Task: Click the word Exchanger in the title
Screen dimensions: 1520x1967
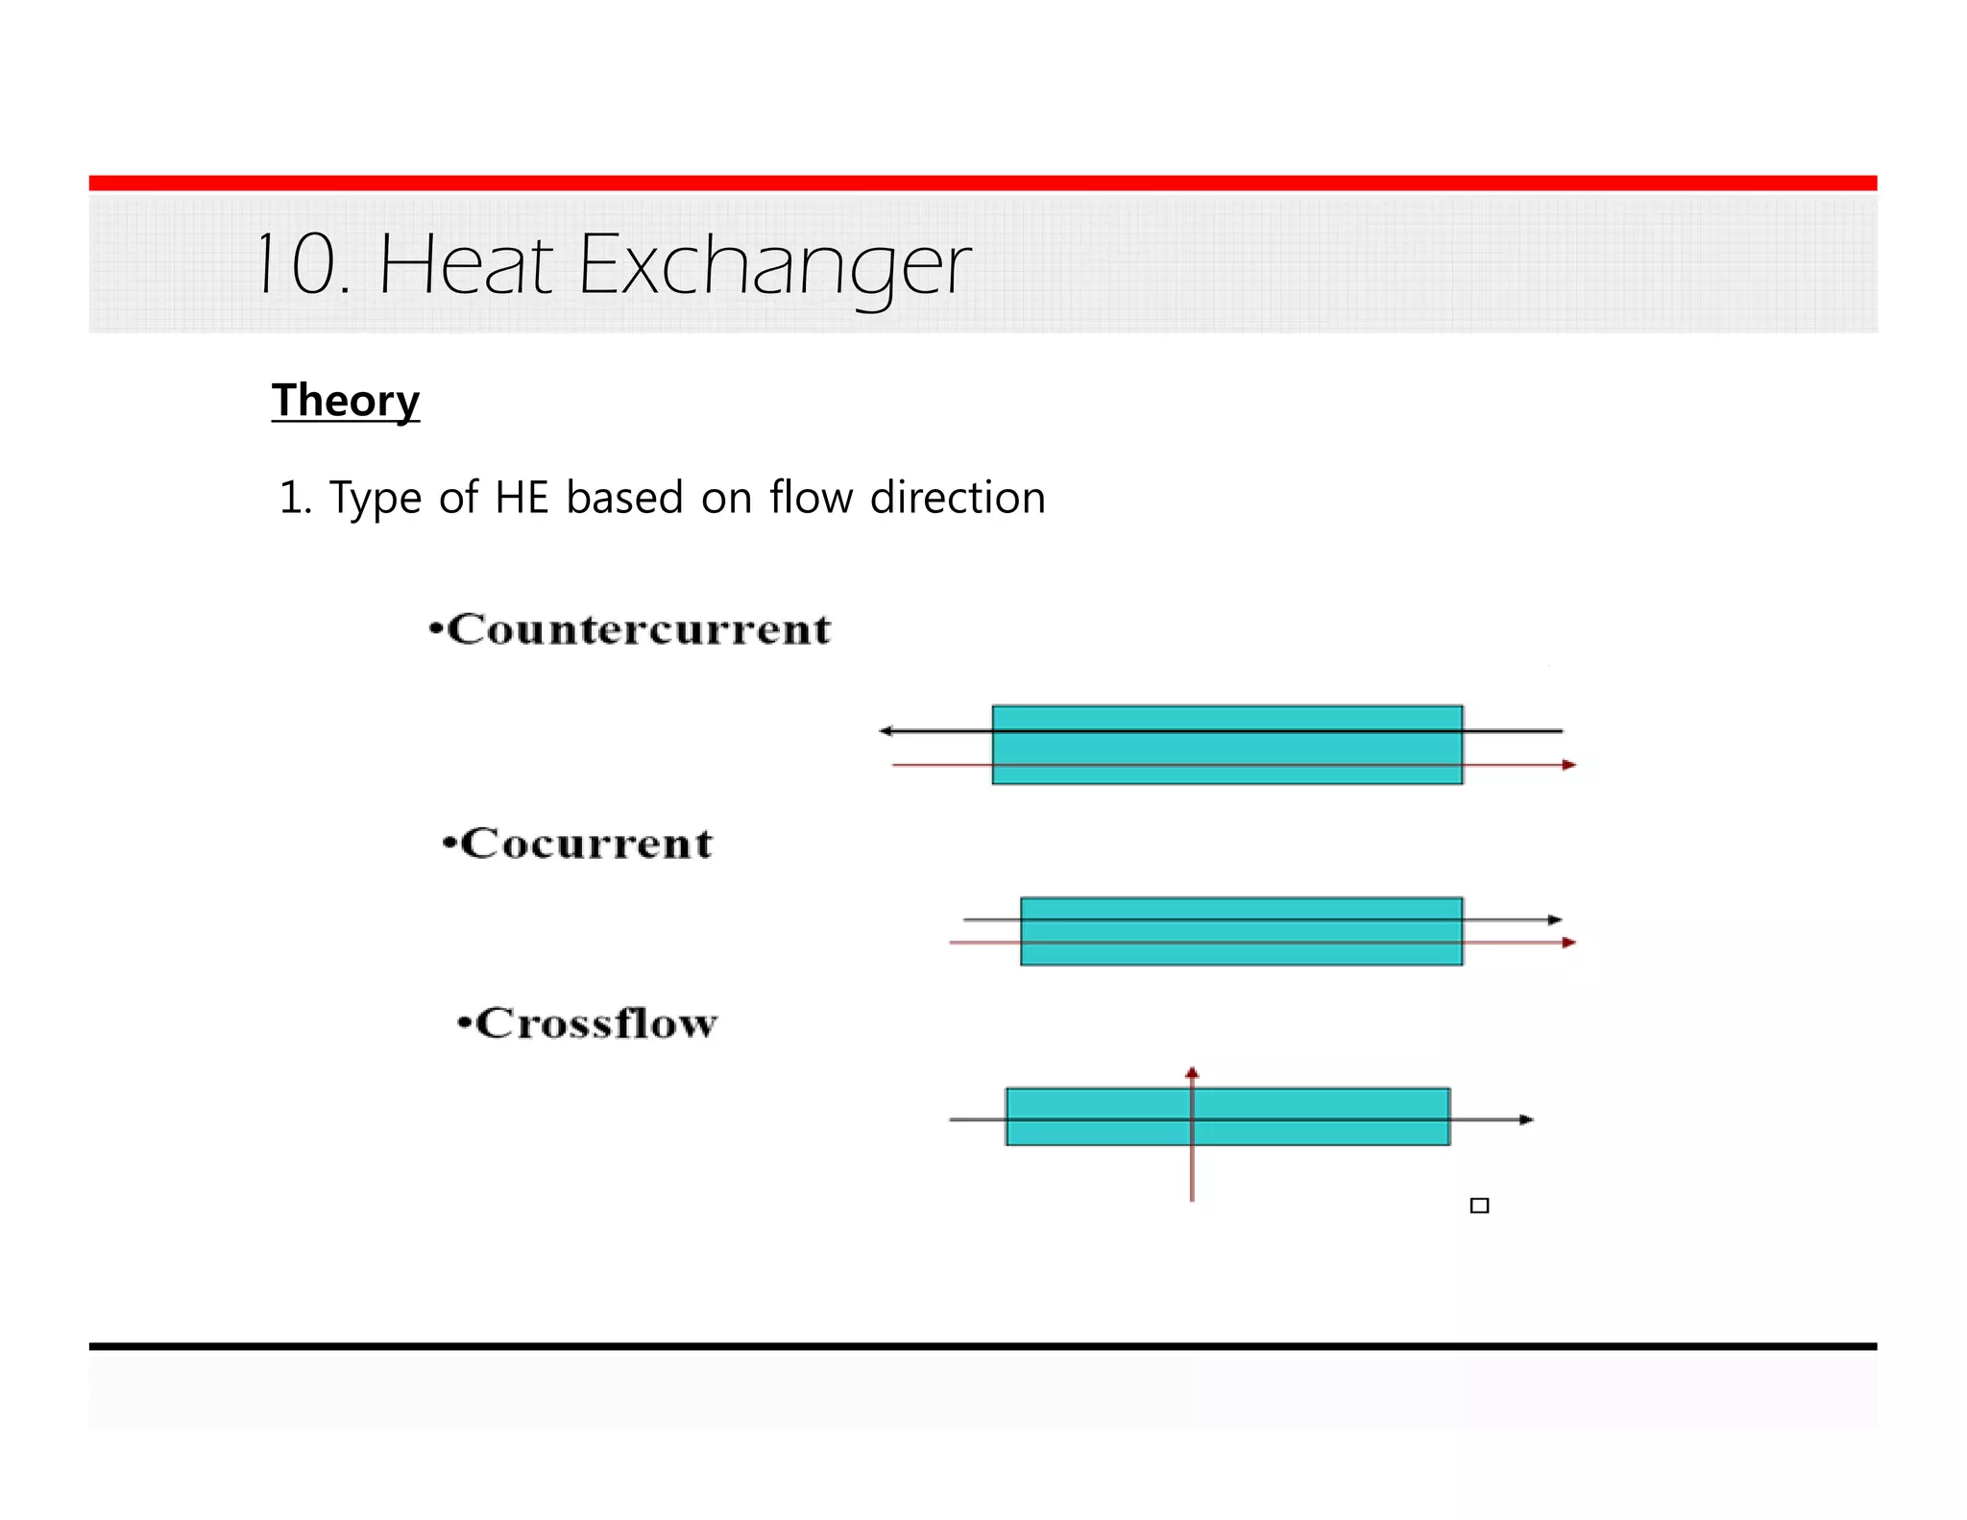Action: pos(774,266)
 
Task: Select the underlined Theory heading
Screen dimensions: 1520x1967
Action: pos(346,401)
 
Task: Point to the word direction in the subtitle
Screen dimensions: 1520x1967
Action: pos(958,498)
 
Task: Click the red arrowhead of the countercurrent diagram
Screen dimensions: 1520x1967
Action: pos(1568,765)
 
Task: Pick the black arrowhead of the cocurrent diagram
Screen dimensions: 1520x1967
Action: pos(1555,920)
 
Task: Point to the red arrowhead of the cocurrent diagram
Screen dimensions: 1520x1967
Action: pos(1568,943)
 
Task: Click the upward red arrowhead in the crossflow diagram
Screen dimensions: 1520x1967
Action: pos(1192,1073)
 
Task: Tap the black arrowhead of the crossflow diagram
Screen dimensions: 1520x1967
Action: pos(1526,1119)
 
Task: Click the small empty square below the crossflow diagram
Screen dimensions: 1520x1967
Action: pos(1479,1206)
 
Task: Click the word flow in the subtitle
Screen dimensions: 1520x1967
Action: pos(811,498)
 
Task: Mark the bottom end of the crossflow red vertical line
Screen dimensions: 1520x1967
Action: pos(1192,1197)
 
